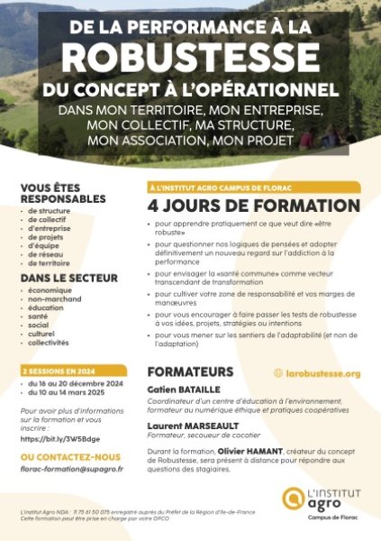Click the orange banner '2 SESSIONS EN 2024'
point(59,371)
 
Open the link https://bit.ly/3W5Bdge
point(60,439)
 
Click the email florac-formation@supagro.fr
point(71,469)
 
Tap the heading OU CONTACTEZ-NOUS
point(70,457)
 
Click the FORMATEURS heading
point(190,371)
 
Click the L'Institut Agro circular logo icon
point(295,497)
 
